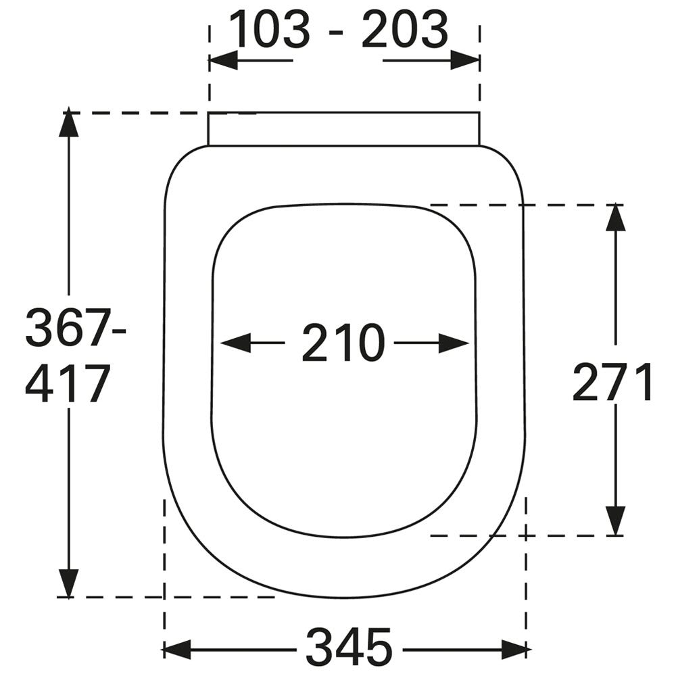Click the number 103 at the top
(270, 29)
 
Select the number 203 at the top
(404, 29)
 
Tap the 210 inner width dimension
(343, 343)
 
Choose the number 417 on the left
(66, 384)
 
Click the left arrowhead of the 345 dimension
(176, 649)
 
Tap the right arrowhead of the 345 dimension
(516, 649)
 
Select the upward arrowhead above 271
(615, 218)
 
